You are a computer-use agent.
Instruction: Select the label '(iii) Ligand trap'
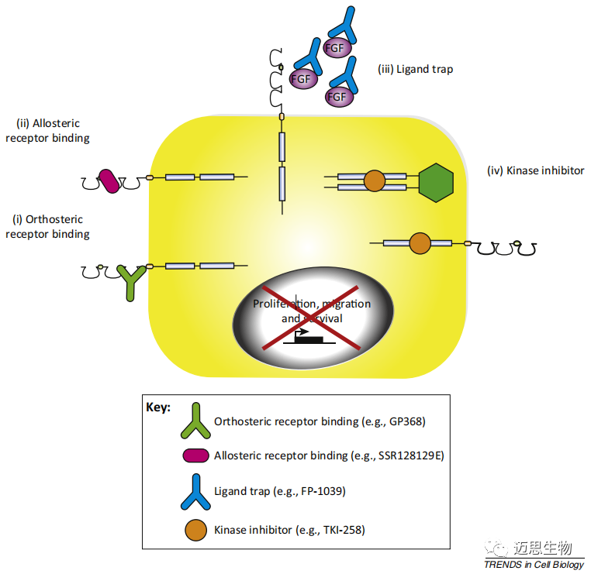click(415, 69)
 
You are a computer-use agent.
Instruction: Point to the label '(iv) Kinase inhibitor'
click(535, 170)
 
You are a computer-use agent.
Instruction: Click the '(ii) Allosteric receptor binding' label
click(48, 131)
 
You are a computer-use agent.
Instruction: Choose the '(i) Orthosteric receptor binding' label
click(47, 226)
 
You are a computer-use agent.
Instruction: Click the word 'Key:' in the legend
click(158, 407)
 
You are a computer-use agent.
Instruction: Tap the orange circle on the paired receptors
click(374, 181)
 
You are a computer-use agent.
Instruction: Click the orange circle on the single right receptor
click(419, 242)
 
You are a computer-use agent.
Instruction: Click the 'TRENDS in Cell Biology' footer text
click(534, 565)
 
